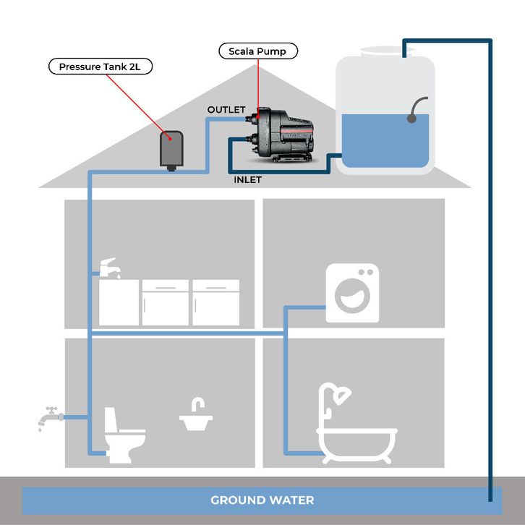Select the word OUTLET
click(226, 109)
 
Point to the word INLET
click(248, 179)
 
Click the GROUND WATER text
click(262, 500)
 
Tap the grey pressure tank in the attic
click(171, 149)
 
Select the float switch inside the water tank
click(417, 109)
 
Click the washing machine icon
click(352, 293)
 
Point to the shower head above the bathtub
click(343, 394)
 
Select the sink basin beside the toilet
click(195, 419)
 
